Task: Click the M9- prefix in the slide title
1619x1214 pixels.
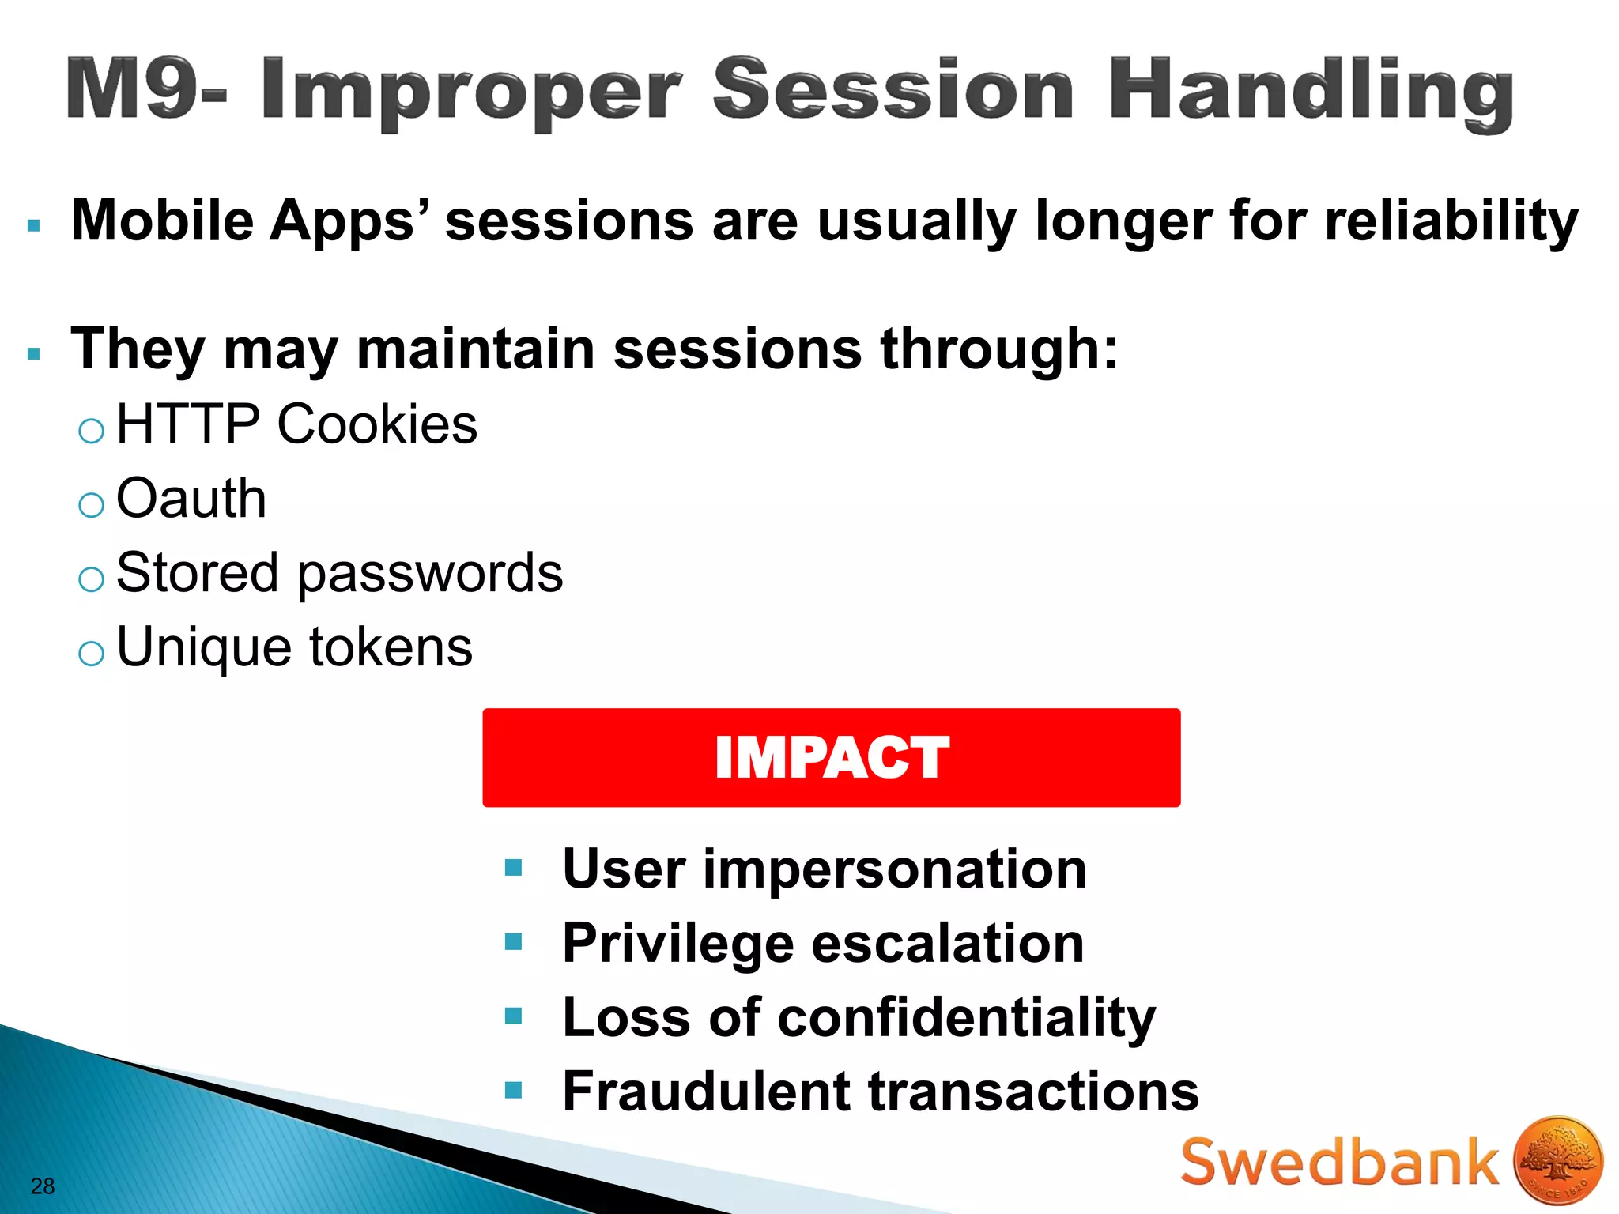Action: point(146,89)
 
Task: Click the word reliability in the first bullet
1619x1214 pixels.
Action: point(1451,221)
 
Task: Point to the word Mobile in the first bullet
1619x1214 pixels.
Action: point(162,220)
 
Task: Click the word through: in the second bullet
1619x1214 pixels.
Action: point(999,350)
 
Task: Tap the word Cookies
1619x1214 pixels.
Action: point(377,425)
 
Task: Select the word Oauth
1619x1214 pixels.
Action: point(191,500)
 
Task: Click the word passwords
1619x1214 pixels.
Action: point(430,575)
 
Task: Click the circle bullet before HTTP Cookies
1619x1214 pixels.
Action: point(92,431)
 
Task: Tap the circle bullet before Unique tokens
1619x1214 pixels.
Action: point(92,654)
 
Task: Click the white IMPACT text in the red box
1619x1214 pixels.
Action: point(831,758)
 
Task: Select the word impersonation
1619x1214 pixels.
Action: point(895,869)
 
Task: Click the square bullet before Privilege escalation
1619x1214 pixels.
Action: point(514,942)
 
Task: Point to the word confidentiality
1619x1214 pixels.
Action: point(966,1019)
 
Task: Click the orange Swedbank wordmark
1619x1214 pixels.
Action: point(1339,1163)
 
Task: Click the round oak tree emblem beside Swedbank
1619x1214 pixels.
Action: point(1557,1161)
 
